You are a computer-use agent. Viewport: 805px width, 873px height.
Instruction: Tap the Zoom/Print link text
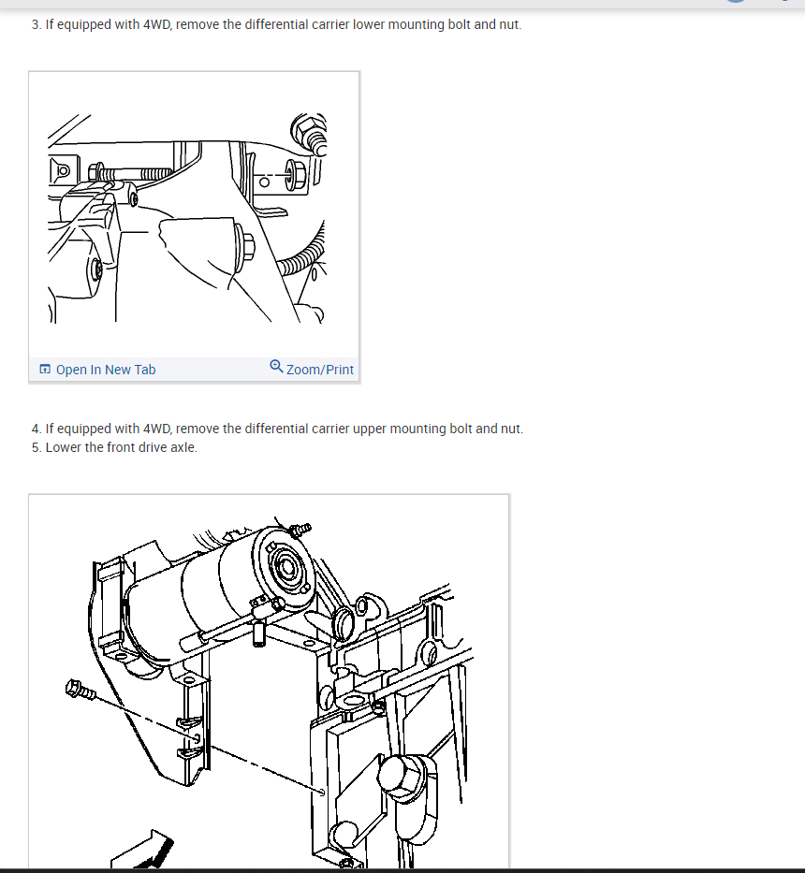320,370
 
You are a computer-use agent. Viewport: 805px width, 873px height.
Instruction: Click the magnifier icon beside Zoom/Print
276,367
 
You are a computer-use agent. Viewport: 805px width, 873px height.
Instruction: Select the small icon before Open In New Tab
45,370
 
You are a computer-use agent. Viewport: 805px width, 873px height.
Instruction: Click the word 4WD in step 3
157,24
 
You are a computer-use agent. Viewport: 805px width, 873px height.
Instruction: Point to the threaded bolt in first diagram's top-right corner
309,135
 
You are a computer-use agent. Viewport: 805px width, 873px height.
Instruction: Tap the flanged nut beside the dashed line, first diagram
295,173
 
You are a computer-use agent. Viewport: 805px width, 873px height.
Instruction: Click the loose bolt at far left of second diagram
80,690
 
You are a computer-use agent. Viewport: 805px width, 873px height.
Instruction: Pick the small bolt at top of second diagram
300,529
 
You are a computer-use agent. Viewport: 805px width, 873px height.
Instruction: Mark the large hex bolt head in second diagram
402,776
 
